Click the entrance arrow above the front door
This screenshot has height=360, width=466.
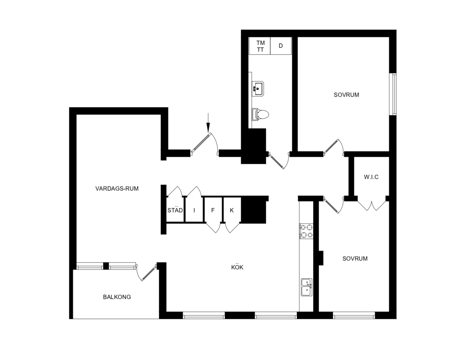point(208,123)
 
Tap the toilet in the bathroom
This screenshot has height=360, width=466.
point(261,115)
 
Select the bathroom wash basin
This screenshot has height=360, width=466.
point(258,89)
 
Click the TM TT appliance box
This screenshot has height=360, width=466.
point(260,46)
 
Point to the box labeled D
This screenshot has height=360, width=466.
point(281,46)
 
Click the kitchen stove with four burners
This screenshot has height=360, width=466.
point(306,231)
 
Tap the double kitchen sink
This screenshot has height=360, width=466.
point(306,287)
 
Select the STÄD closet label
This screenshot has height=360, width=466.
point(175,210)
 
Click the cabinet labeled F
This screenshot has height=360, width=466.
point(213,210)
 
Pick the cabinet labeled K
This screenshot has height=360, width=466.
point(232,210)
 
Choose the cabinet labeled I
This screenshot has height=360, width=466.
point(194,210)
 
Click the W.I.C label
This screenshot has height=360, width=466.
point(371,177)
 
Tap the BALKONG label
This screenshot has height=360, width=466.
point(117,297)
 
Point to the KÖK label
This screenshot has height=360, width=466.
point(237,267)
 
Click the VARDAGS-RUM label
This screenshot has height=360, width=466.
point(117,189)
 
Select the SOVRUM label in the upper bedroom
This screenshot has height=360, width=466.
point(346,95)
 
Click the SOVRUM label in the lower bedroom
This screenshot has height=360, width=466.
point(355,259)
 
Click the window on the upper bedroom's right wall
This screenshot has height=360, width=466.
point(393,94)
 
